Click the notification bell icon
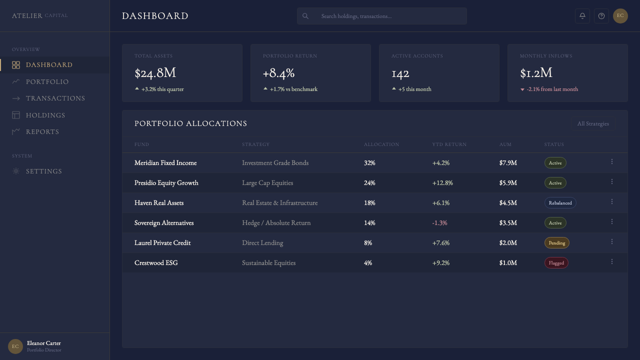click(582, 16)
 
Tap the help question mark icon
click(601, 16)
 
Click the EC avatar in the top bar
click(620, 15)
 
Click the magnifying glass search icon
click(305, 16)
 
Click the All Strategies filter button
click(593, 123)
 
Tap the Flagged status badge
click(556, 263)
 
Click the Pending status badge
click(557, 243)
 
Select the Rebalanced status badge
click(560, 203)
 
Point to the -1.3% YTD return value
click(439, 223)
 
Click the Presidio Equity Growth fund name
click(166, 183)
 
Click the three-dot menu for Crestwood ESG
click(612, 261)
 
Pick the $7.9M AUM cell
click(508, 163)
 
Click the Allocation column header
click(381, 144)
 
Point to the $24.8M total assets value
click(155, 73)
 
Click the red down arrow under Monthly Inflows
click(522, 89)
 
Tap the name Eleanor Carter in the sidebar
click(43, 343)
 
